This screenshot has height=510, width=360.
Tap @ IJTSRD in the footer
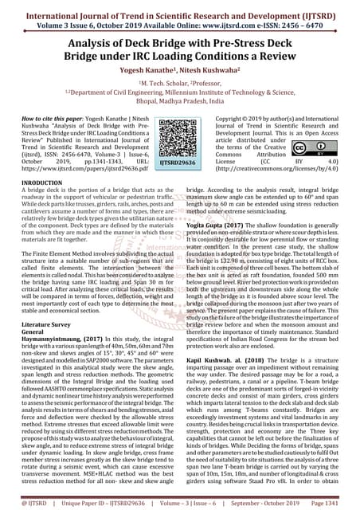click(x=27, y=502)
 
